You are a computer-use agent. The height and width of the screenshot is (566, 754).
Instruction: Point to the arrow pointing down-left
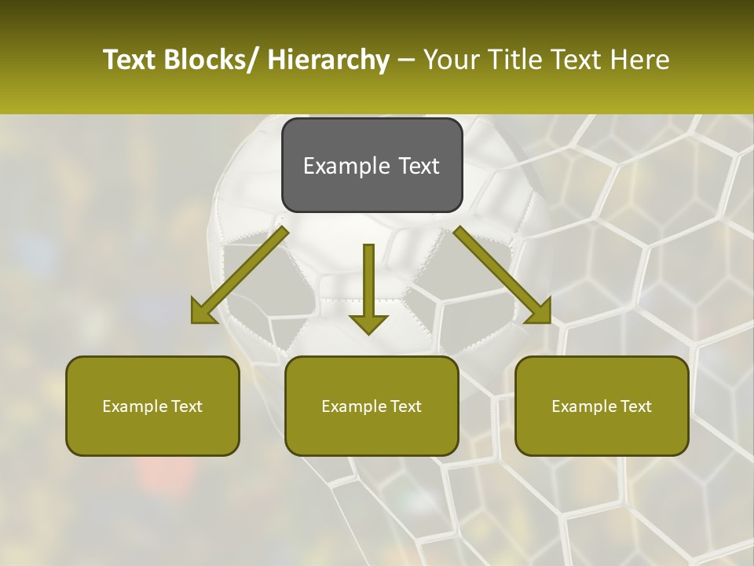240,276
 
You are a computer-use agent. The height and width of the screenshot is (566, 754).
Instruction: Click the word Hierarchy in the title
328,60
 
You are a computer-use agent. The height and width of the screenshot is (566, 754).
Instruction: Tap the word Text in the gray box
419,166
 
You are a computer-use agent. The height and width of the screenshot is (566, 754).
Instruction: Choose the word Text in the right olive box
635,406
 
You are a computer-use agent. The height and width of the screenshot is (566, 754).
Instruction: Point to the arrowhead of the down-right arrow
538,311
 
